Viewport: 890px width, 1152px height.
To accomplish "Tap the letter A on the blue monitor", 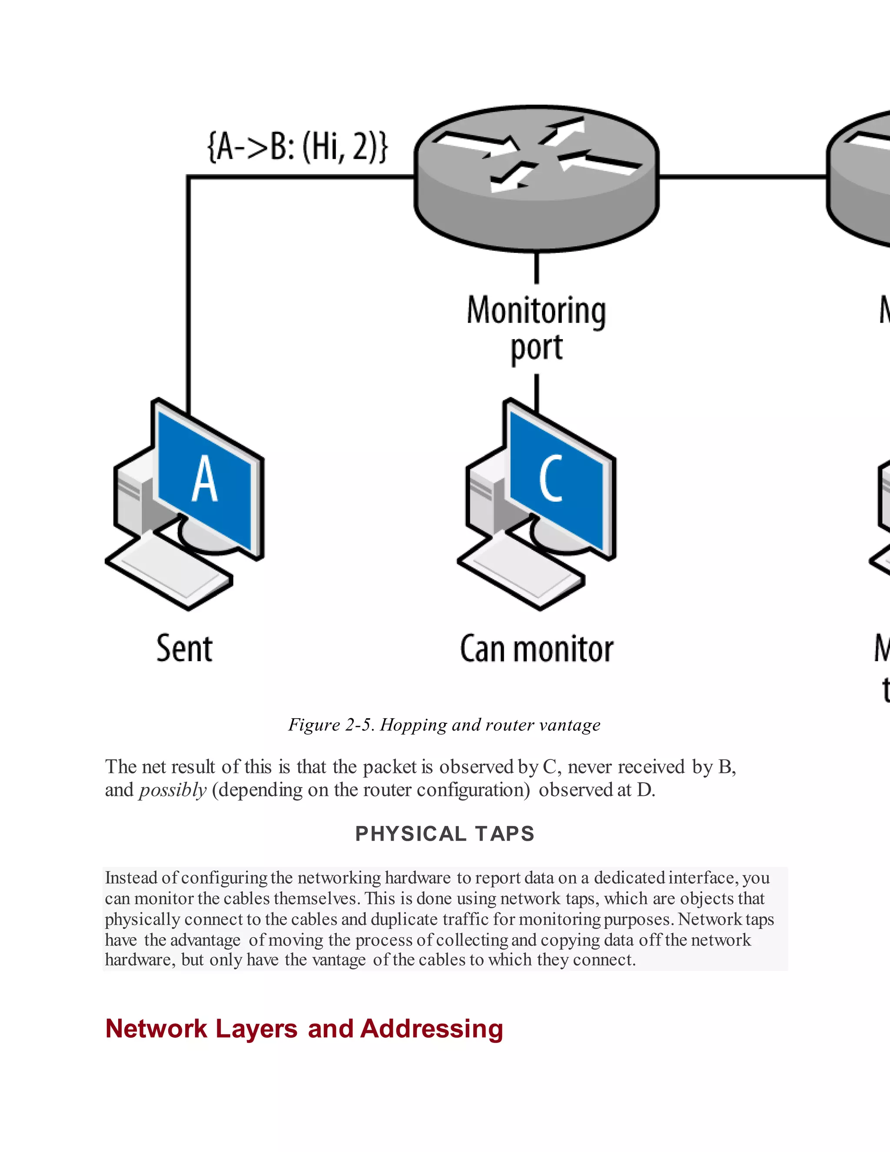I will click(x=205, y=479).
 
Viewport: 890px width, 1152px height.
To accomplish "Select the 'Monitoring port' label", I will click(x=536, y=329).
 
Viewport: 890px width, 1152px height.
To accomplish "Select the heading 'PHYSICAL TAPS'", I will click(x=445, y=834).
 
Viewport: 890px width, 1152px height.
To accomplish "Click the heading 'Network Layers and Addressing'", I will click(x=304, y=1029).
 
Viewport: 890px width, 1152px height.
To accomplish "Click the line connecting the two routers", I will click(x=742, y=177).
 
